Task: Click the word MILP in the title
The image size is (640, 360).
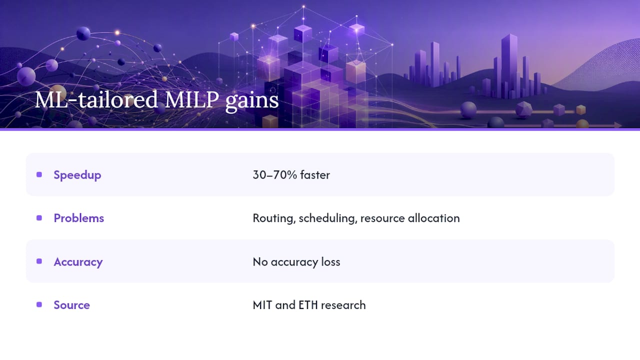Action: pyautogui.click(x=191, y=99)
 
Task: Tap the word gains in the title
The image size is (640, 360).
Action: pyautogui.click(x=252, y=102)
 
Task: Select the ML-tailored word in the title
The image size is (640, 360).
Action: pyautogui.click(x=96, y=99)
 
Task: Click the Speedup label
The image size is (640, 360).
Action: pyautogui.click(x=77, y=175)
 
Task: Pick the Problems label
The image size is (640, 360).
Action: pyautogui.click(x=79, y=218)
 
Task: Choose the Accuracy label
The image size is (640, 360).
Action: pyautogui.click(x=78, y=262)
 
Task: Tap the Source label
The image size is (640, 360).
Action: pyautogui.click(x=72, y=305)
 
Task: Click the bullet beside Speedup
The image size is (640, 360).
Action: pyautogui.click(x=39, y=174)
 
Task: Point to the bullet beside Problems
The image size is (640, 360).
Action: pyautogui.click(x=39, y=218)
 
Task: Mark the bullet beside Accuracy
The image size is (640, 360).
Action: pyautogui.click(x=39, y=261)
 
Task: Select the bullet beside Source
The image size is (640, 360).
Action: pyautogui.click(x=39, y=305)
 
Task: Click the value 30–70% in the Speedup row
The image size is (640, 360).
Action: pyautogui.click(x=275, y=175)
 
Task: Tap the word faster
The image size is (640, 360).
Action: pyautogui.click(x=315, y=175)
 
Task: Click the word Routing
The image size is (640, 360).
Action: pyautogui.click(x=274, y=219)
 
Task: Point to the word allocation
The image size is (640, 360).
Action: pyautogui.click(x=434, y=218)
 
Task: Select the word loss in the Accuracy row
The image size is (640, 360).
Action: pyautogui.click(x=330, y=262)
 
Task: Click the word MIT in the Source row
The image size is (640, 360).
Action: pyautogui.click(x=262, y=305)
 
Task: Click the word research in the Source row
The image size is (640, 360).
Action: pyautogui.click(x=343, y=305)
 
